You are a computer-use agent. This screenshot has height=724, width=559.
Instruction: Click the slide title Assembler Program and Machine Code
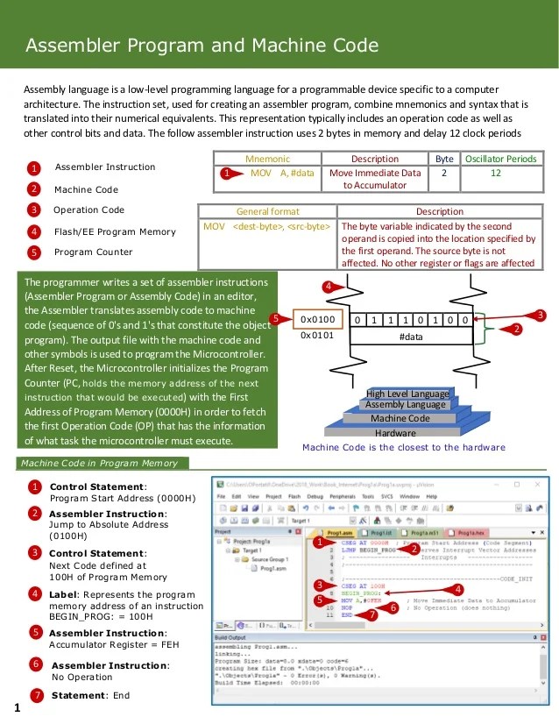[x=202, y=46]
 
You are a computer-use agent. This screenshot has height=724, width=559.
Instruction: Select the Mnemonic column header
[x=267, y=159]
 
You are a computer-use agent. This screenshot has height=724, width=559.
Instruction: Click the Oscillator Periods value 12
[x=496, y=174]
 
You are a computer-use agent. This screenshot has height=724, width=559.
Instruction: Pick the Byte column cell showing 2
[x=444, y=174]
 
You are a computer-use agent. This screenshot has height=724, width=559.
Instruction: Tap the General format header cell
[x=267, y=211]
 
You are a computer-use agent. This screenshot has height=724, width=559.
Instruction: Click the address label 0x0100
[x=317, y=319]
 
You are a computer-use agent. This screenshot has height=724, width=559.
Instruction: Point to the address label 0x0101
[x=317, y=335]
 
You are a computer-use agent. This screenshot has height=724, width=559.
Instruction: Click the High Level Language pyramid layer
[x=407, y=394]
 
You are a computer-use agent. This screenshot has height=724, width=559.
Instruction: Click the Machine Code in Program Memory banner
[x=99, y=463]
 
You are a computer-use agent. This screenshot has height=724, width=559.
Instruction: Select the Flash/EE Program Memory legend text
[x=114, y=231]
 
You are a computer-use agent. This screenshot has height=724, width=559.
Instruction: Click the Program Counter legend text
[x=93, y=252]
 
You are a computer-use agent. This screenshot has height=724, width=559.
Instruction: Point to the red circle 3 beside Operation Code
[x=33, y=210]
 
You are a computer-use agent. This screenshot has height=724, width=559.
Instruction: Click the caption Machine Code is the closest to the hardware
[x=403, y=448]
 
